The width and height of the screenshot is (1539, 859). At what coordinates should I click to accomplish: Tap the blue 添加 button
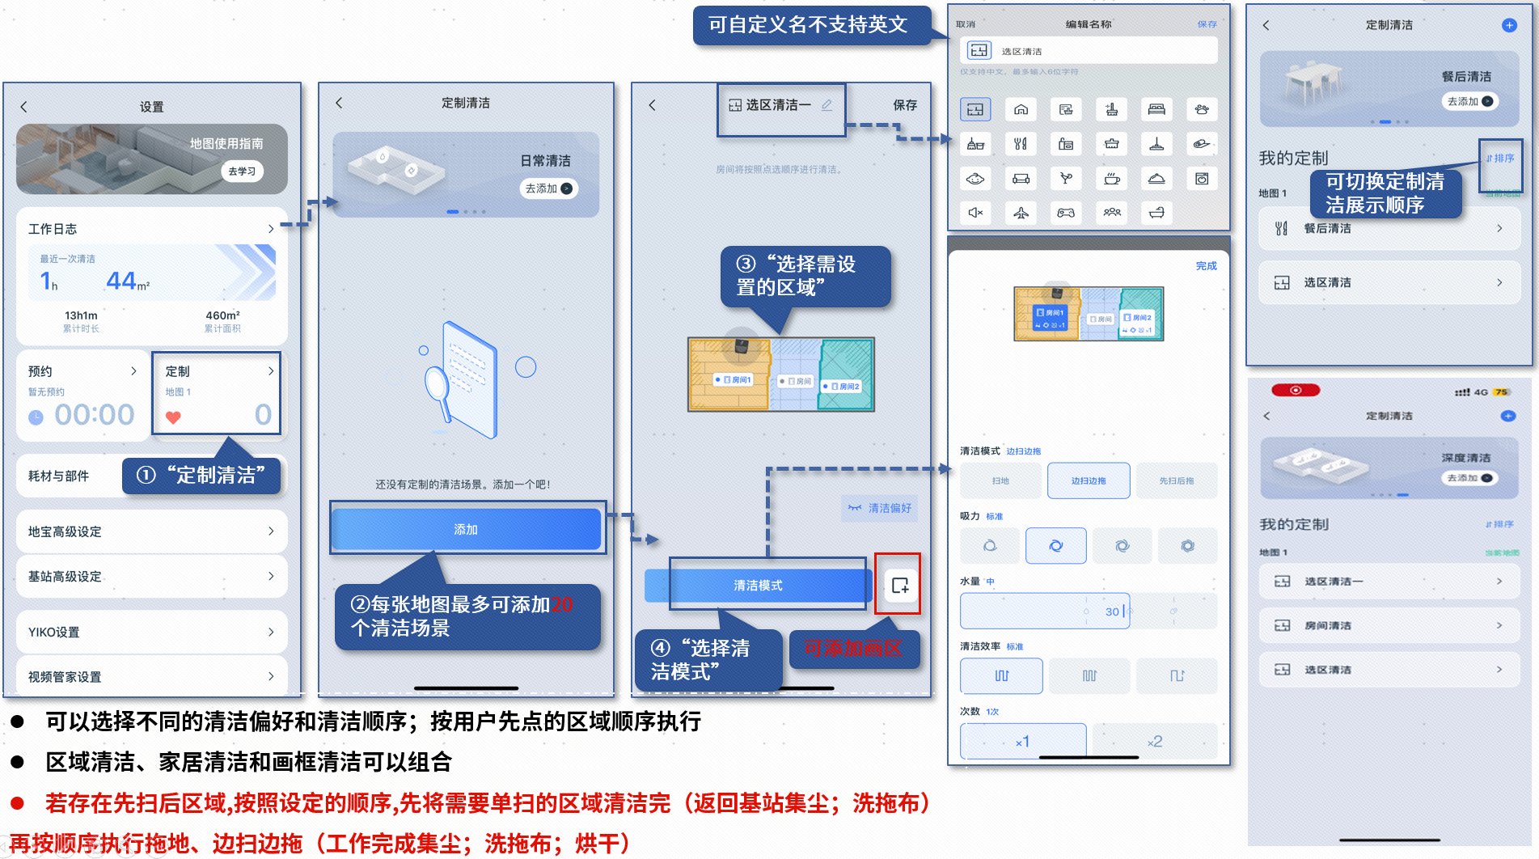tap(466, 529)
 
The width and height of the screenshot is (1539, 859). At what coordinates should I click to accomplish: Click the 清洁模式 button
tap(758, 585)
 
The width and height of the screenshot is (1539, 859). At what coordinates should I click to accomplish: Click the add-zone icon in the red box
tap(899, 585)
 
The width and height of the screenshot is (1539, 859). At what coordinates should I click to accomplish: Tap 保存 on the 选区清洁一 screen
tap(904, 105)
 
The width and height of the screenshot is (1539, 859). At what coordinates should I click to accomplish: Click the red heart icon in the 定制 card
tap(173, 417)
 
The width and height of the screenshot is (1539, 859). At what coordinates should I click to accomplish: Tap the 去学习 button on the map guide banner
tap(242, 171)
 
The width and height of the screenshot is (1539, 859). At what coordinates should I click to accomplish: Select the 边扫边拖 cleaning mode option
tap(1088, 480)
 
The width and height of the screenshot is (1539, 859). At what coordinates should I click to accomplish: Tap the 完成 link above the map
tap(1206, 266)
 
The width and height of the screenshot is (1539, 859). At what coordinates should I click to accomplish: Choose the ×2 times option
tap(1154, 741)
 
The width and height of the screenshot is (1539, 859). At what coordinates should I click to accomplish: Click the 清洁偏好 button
tap(880, 508)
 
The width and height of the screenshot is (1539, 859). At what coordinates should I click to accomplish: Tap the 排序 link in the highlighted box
tap(1500, 159)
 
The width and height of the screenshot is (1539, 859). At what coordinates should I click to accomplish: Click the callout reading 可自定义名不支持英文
tap(808, 25)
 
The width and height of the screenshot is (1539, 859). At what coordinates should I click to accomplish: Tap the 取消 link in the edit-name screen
tap(966, 24)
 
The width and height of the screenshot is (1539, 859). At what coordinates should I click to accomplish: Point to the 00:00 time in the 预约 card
tap(95, 415)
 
